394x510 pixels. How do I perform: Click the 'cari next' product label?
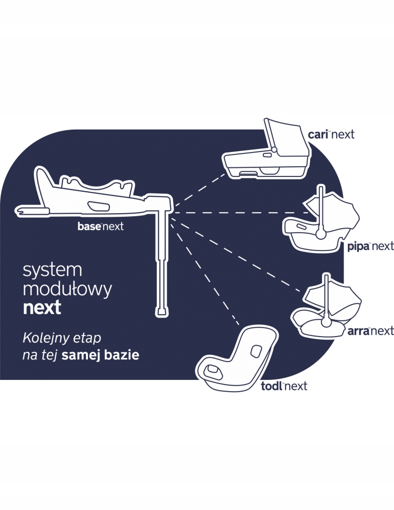[x=331, y=135]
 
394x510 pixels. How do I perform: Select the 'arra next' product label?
[x=370, y=331]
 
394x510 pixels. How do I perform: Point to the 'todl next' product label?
[x=284, y=386]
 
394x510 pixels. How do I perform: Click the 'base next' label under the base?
[x=101, y=226]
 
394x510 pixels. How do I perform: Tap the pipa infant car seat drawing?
[x=319, y=222]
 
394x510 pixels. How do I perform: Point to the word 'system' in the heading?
[x=53, y=271]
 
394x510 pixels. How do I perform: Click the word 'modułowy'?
[x=67, y=290]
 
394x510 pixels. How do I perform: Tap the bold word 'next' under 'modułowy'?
[x=42, y=308]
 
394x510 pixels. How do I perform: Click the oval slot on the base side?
[x=98, y=206]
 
